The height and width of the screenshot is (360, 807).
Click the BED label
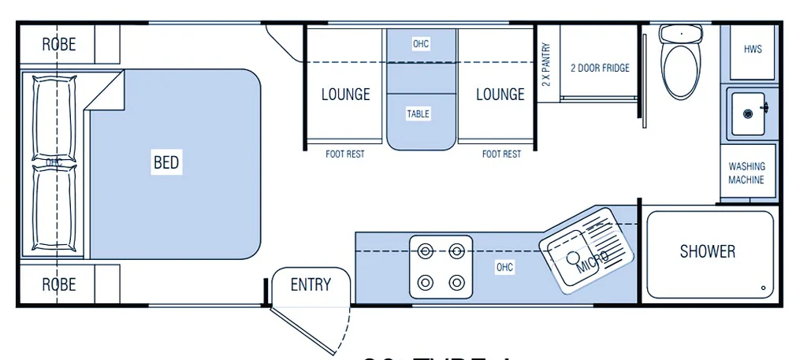[166, 163]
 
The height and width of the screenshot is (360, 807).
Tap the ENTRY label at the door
[311, 284]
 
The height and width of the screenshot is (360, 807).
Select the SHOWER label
[708, 251]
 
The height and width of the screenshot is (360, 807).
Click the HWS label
[753, 49]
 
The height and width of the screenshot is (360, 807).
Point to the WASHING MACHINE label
[746, 173]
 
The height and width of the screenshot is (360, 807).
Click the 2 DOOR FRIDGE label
[600, 68]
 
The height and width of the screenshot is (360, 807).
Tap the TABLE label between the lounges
[418, 114]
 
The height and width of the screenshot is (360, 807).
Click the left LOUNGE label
[345, 95]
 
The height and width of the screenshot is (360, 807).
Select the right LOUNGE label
[500, 95]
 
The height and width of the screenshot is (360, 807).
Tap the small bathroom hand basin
[746, 111]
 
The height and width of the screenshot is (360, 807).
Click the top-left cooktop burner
[426, 252]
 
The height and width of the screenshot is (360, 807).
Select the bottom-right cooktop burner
[456, 281]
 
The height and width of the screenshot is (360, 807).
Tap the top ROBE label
[59, 45]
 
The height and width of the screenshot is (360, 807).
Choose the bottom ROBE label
[59, 284]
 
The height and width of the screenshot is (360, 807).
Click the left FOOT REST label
[345, 154]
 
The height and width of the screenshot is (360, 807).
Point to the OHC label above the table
[421, 43]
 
